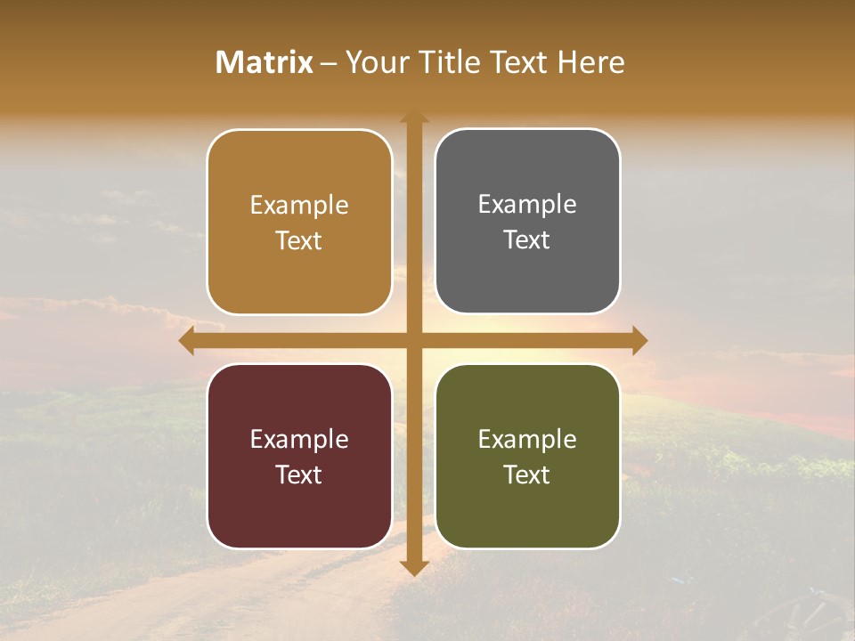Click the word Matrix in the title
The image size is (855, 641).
pyautogui.click(x=265, y=62)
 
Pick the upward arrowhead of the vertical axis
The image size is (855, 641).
pyautogui.click(x=414, y=118)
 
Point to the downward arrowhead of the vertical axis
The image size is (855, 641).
pyautogui.click(x=414, y=568)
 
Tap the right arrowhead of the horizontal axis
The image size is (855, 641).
pyautogui.click(x=639, y=340)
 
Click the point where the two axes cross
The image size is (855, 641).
pyautogui.click(x=414, y=340)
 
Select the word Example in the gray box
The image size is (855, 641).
pyautogui.click(x=527, y=205)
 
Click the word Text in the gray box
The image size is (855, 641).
pyautogui.click(x=527, y=240)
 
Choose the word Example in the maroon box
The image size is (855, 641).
pyautogui.click(x=299, y=439)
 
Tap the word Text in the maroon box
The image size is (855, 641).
pyautogui.click(x=299, y=475)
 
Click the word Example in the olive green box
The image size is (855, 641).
pyautogui.click(x=527, y=439)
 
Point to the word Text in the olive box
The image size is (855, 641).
pyautogui.click(x=527, y=475)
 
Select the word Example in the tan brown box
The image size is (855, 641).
pyautogui.click(x=299, y=206)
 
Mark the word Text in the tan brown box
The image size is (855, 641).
pyautogui.click(x=299, y=241)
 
